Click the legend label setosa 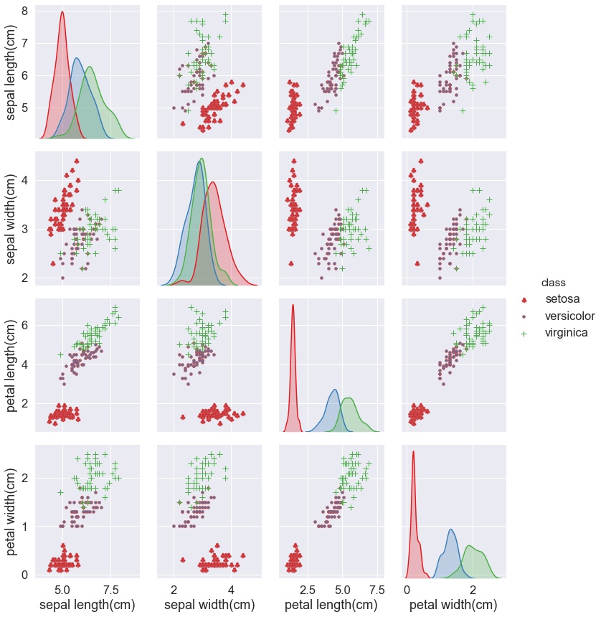coord(562,298)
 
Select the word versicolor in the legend coord(569,316)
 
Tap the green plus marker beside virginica coord(524,333)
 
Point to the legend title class coord(554,282)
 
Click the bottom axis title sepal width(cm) coord(209,605)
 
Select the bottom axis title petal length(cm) coord(331,605)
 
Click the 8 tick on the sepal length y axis coord(24,11)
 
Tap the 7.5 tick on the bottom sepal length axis coord(111,589)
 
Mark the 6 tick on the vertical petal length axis coord(24,325)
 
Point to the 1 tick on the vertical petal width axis coord(24,526)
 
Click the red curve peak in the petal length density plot coord(293,305)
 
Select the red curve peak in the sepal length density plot coord(62,12)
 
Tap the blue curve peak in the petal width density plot coord(450,529)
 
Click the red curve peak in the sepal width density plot coord(213,182)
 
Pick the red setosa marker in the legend coord(524,299)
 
